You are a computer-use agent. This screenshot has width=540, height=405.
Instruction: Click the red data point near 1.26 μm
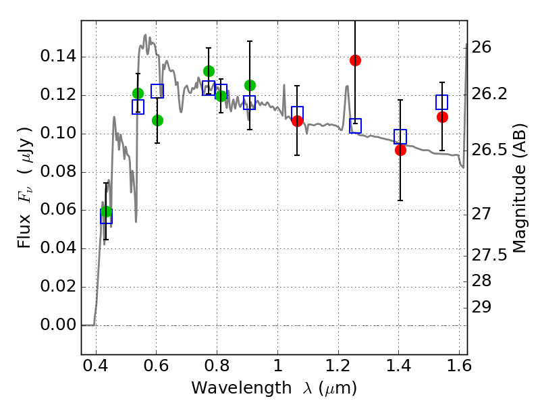tap(355, 60)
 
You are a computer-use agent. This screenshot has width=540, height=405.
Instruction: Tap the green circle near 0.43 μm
tap(106, 212)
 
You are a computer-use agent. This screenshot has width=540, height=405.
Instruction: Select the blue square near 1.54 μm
tap(442, 102)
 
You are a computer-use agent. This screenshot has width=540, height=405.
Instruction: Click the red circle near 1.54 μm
tap(442, 117)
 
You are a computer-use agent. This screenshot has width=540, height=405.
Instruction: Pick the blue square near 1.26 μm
tap(355, 126)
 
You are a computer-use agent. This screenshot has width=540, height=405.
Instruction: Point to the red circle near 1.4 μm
tap(400, 150)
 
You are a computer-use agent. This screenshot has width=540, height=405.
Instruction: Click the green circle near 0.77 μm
tap(209, 71)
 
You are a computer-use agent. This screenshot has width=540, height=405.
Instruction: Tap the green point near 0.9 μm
tap(250, 85)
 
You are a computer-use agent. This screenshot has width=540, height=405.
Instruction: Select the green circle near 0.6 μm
tap(157, 120)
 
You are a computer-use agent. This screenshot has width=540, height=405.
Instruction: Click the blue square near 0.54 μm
tap(138, 107)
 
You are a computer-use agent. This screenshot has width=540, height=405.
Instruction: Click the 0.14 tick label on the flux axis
tap(57, 57)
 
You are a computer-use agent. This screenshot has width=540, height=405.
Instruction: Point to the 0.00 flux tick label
tap(57, 325)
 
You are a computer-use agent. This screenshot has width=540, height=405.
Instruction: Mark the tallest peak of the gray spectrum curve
tap(145, 35)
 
